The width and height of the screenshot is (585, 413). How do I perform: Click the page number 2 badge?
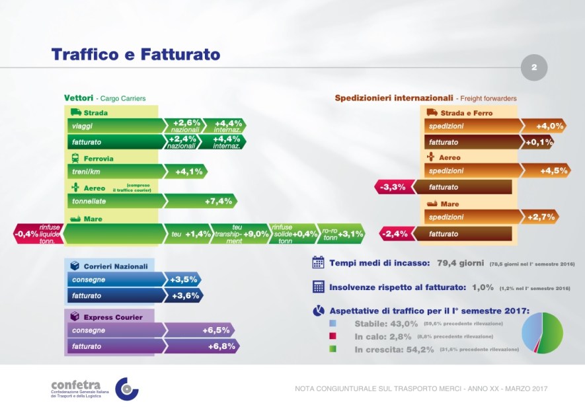pos(534,67)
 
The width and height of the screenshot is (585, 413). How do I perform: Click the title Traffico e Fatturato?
pos(136,54)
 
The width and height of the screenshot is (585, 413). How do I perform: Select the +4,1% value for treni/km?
pos(189,172)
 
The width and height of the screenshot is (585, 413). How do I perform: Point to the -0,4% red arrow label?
pos(26,233)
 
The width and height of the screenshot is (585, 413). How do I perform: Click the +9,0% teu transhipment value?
pos(256,233)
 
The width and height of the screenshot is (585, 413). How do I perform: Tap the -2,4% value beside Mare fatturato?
pos(395,233)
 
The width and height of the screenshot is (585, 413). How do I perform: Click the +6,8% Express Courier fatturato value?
pos(221,346)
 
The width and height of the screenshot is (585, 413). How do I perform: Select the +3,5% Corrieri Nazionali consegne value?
pos(182,280)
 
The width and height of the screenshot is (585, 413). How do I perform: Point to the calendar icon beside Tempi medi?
pos(318,263)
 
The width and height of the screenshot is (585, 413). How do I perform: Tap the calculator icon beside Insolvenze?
pos(318,287)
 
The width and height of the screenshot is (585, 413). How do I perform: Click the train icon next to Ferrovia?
pos(76,159)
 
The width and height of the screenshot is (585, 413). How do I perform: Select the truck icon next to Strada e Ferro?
pos(432,113)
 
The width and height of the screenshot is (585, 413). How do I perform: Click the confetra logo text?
pos(75,385)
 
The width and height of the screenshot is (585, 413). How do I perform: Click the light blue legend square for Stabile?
pos(341,324)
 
